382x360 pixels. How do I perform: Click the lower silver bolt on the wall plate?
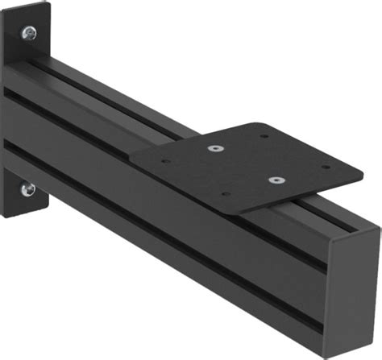29,189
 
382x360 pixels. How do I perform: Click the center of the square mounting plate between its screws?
247,164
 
